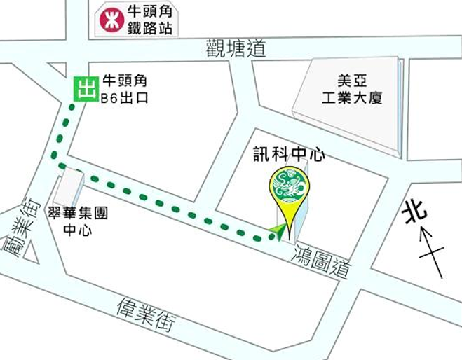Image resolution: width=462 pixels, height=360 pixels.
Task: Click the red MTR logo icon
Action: pyautogui.click(x=110, y=19)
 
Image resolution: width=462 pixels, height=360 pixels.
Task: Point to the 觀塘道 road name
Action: pyautogui.click(x=237, y=49)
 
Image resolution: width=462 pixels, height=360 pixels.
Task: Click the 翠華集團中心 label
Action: pyautogui.click(x=77, y=223)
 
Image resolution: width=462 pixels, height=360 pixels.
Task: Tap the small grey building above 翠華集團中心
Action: pyautogui.click(x=69, y=187)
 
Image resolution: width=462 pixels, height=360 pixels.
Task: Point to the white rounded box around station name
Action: pyautogui.click(x=136, y=19)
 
